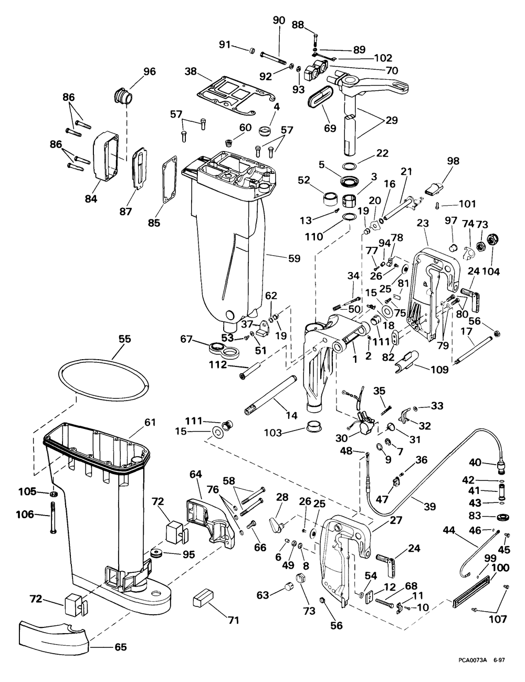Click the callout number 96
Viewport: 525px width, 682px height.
pyautogui.click(x=150, y=71)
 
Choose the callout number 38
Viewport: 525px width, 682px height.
pyautogui.click(x=191, y=71)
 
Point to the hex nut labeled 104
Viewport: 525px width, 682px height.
pyautogui.click(x=491, y=242)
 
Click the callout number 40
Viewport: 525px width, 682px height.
pyautogui.click(x=475, y=463)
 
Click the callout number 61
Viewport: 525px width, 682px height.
pyautogui.click(x=150, y=422)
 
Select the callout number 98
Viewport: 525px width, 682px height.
pyautogui.click(x=453, y=161)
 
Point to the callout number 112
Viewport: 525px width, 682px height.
pyautogui.click(x=219, y=365)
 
